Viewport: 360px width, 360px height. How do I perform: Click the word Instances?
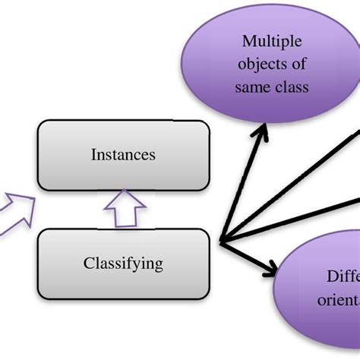(x=123, y=155)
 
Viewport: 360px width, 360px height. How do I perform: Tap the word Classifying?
(x=123, y=264)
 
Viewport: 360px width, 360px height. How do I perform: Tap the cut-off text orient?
(x=339, y=298)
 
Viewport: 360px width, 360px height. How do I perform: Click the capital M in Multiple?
(x=247, y=41)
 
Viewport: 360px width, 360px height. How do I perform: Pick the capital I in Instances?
(x=93, y=155)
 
